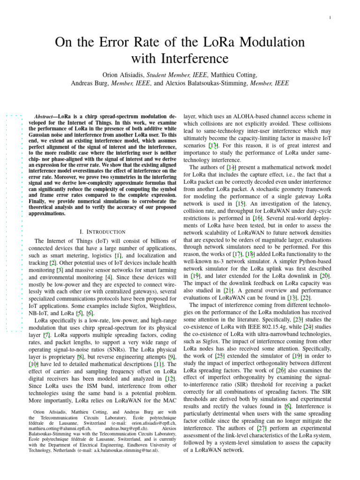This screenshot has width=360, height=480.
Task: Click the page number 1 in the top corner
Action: [330, 18]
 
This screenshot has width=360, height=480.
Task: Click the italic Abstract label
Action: [46, 116]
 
